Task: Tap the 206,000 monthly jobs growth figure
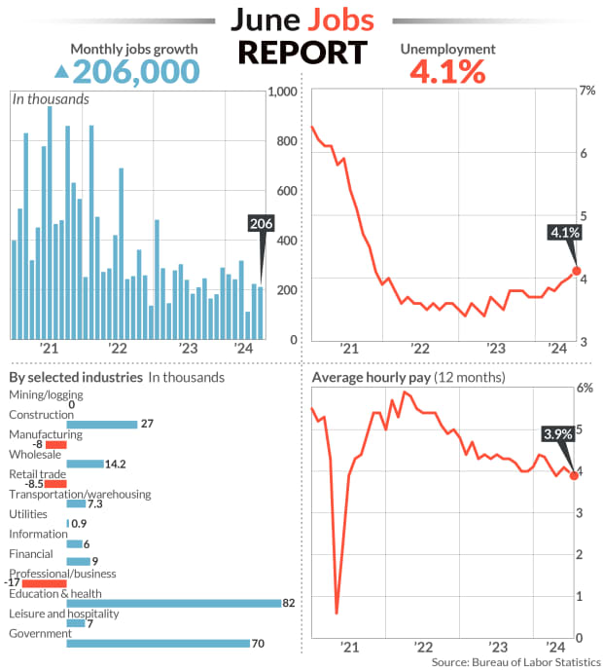tap(136, 71)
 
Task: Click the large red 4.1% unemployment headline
tap(448, 71)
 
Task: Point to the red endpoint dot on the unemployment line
tap(576, 271)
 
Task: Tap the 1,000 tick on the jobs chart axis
tap(282, 93)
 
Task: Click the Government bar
tap(159, 643)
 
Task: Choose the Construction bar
tap(102, 424)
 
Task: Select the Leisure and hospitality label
tap(63, 614)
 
